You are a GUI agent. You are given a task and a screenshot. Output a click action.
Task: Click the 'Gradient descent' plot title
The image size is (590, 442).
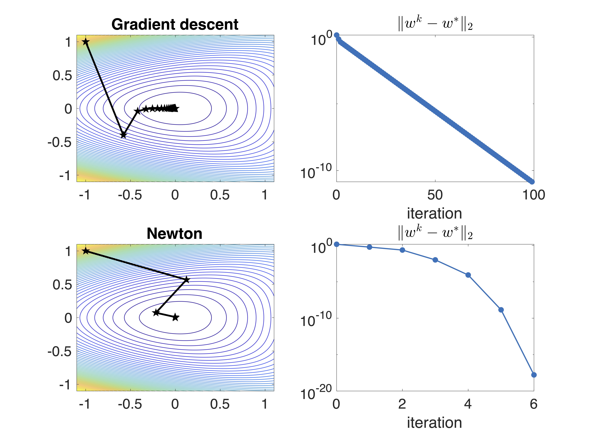click(x=175, y=25)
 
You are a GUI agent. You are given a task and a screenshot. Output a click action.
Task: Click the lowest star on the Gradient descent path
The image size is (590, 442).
click(x=123, y=135)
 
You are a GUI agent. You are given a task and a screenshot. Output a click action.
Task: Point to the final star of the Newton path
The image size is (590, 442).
click(x=175, y=317)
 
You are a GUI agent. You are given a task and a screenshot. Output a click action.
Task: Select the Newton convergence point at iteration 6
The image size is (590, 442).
click(x=534, y=375)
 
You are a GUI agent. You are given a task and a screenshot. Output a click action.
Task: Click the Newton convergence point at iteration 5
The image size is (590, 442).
click(x=501, y=310)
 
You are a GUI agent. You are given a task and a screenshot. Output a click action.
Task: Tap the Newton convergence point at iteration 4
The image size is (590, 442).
click(x=468, y=275)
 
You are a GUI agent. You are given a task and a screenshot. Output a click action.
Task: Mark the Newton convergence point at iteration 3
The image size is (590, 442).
click(x=435, y=260)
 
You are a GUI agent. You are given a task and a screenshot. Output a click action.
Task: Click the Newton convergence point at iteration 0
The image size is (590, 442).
click(x=337, y=244)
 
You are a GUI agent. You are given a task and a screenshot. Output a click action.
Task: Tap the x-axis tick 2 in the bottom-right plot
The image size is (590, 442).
click(x=402, y=404)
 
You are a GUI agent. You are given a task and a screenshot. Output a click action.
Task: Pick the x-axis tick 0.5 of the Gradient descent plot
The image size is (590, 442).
click(x=220, y=195)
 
